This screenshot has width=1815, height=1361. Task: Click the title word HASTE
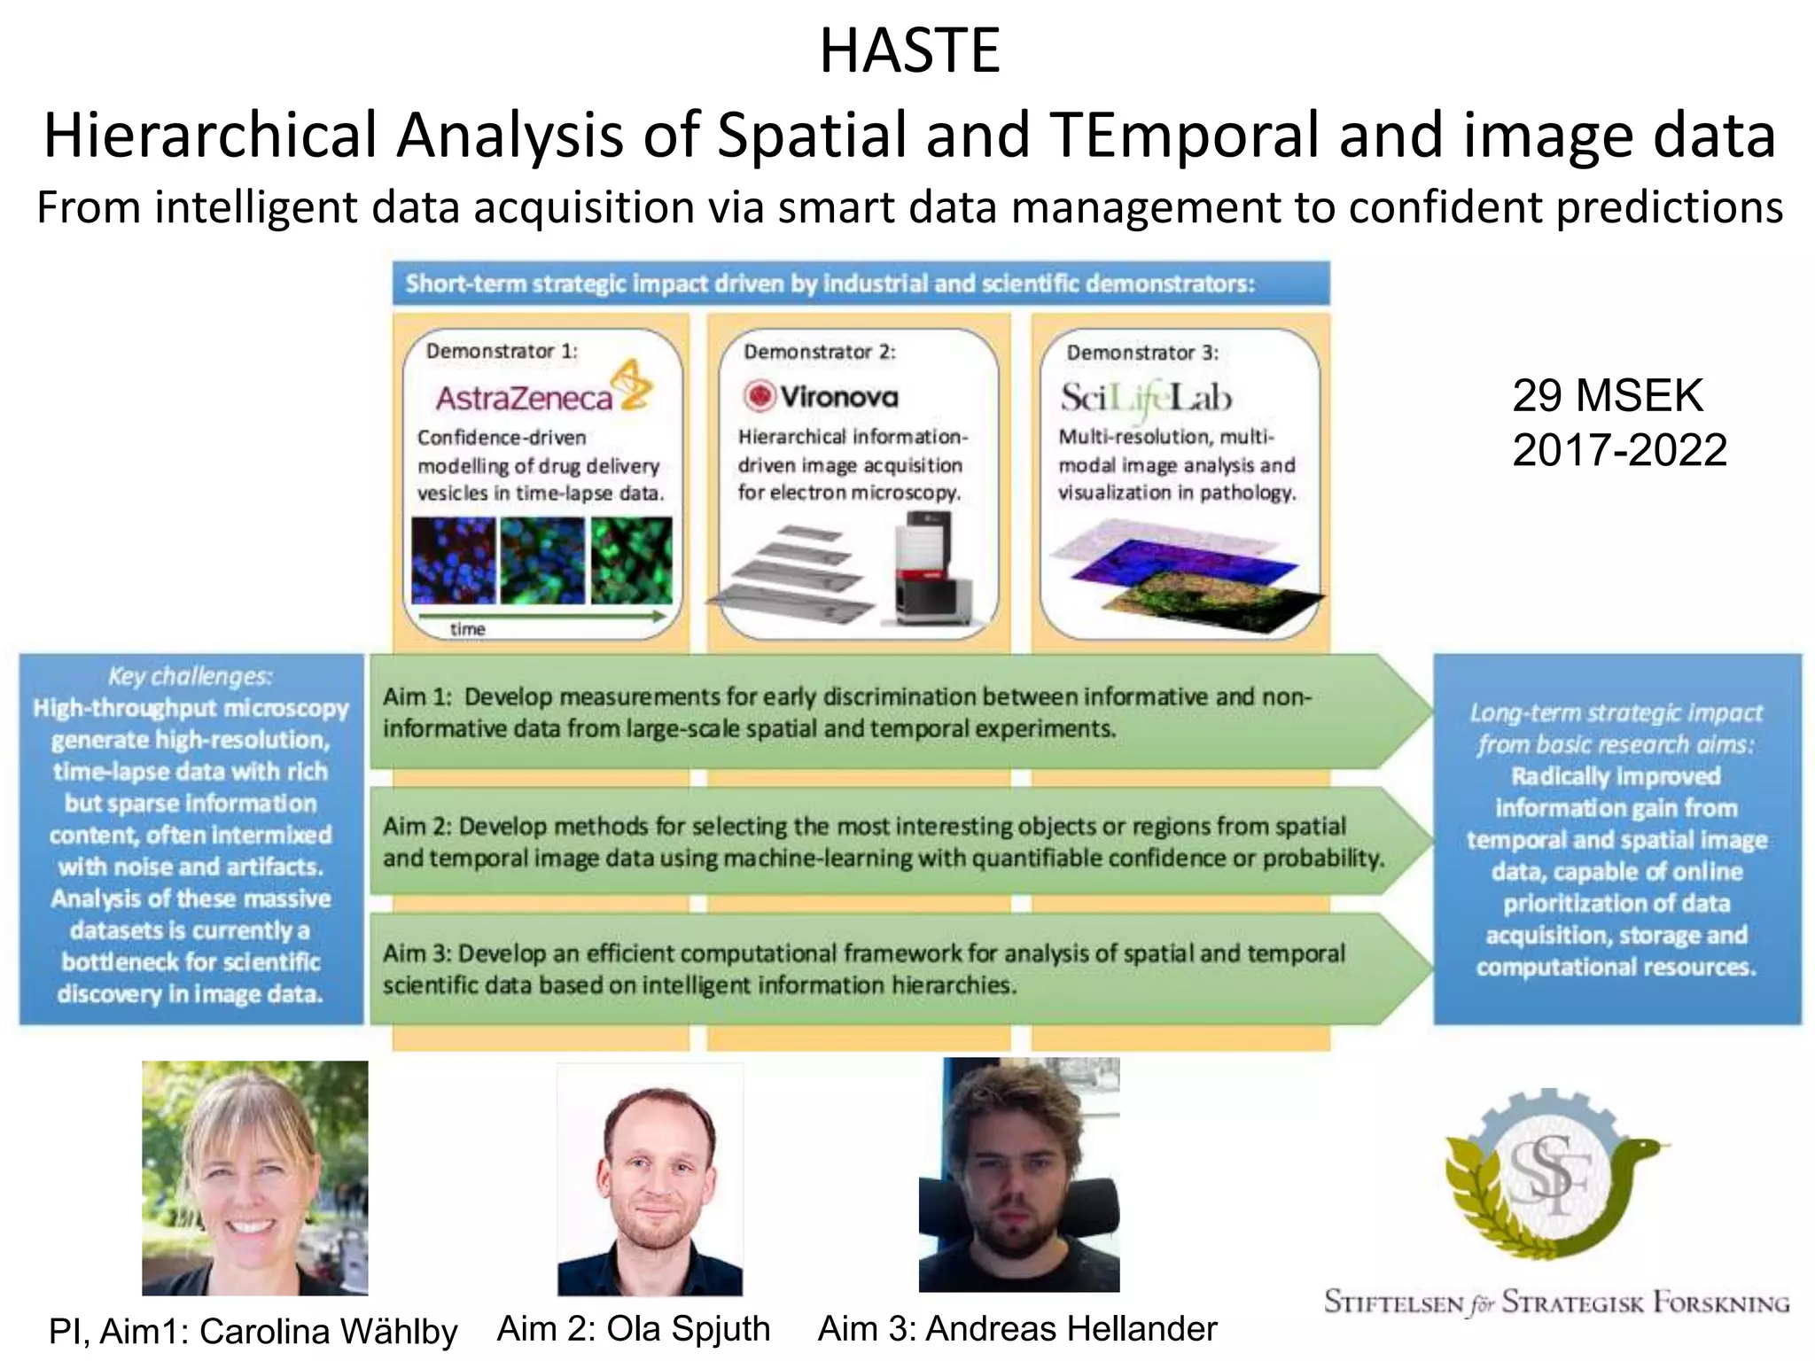909,51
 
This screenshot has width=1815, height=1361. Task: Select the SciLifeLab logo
1146,398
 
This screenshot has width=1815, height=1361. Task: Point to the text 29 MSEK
1607,395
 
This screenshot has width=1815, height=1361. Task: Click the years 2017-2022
1619,450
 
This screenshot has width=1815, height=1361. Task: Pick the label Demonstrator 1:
502,351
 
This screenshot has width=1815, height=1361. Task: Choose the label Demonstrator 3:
1142,352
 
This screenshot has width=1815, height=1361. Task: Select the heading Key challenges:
191,677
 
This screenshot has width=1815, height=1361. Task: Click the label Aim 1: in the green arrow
417,697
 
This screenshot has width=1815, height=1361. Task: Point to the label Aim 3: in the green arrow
417,954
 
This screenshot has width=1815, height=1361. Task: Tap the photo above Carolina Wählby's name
255,1178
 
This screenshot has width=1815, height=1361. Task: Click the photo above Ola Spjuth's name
650,1178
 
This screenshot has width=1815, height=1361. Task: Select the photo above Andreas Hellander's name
1019,1175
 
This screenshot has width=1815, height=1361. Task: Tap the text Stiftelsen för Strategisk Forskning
1556,1303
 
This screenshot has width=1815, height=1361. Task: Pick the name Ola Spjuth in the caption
688,1328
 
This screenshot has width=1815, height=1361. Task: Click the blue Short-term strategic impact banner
861,284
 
